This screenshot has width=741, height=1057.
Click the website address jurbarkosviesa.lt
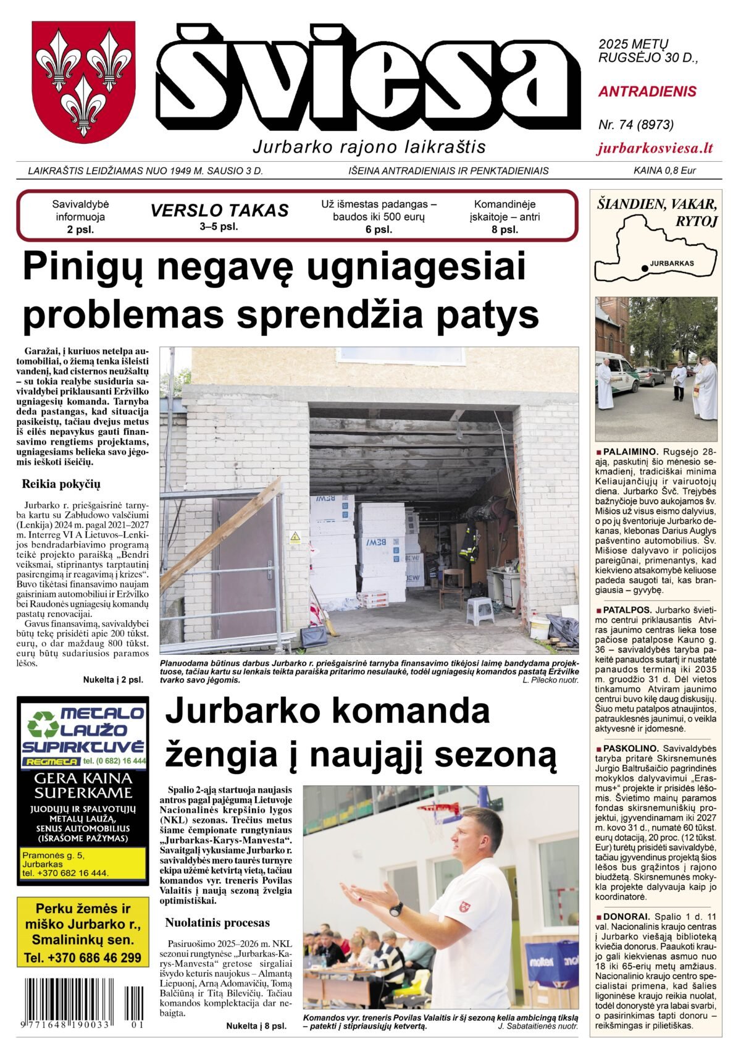pyautogui.click(x=655, y=148)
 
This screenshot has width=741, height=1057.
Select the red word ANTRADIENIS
pyautogui.click(x=647, y=92)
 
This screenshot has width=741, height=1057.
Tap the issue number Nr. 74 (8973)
pyautogui.click(x=635, y=125)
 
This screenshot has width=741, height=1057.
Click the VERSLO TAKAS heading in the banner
pyautogui.click(x=219, y=211)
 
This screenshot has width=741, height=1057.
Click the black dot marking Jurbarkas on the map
pyautogui.click(x=645, y=268)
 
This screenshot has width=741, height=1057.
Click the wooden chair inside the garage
pyautogui.click(x=452, y=587)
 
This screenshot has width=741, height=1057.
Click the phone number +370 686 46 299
pyautogui.click(x=83, y=958)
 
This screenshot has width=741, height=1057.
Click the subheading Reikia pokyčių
pyautogui.click(x=61, y=484)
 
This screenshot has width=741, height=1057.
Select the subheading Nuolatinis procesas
pyautogui.click(x=217, y=923)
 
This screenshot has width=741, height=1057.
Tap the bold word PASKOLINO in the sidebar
pyautogui.click(x=630, y=748)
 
